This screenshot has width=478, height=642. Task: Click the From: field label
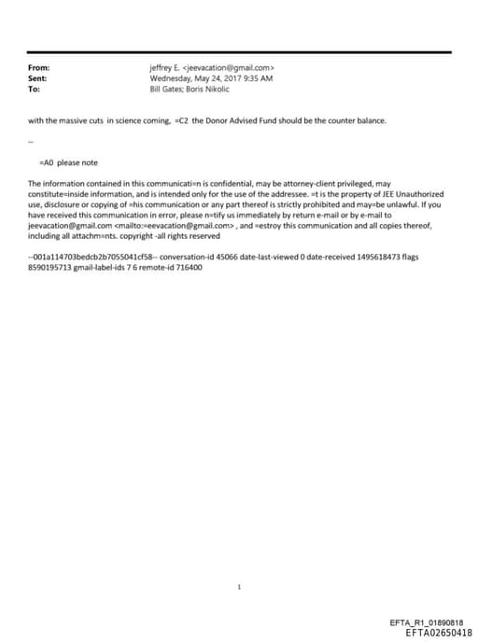pyautogui.click(x=38, y=68)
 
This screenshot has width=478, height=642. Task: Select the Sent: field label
pyautogui.click(x=37, y=78)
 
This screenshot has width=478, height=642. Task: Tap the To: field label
pyautogui.click(x=35, y=89)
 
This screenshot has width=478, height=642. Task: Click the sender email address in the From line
pyautogui.click(x=228, y=68)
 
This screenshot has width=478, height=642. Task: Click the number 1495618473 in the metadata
pyautogui.click(x=381, y=255)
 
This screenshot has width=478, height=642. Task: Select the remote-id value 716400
pyautogui.click(x=188, y=268)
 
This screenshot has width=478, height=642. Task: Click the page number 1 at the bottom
pyautogui.click(x=240, y=587)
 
